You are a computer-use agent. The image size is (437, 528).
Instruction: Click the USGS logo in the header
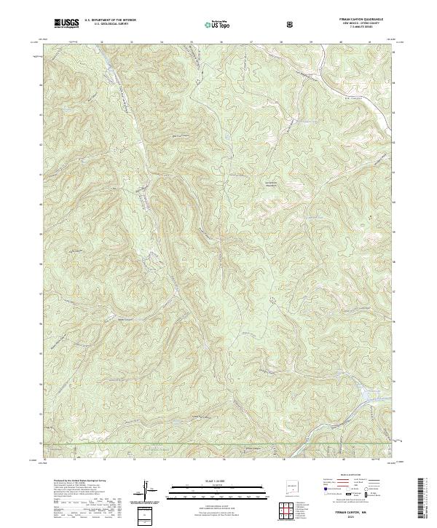(66, 23)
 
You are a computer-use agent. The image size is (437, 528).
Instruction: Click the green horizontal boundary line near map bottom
(219, 443)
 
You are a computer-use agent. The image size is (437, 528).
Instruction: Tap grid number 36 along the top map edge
(221, 42)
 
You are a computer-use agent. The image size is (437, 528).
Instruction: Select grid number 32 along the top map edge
(101, 42)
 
